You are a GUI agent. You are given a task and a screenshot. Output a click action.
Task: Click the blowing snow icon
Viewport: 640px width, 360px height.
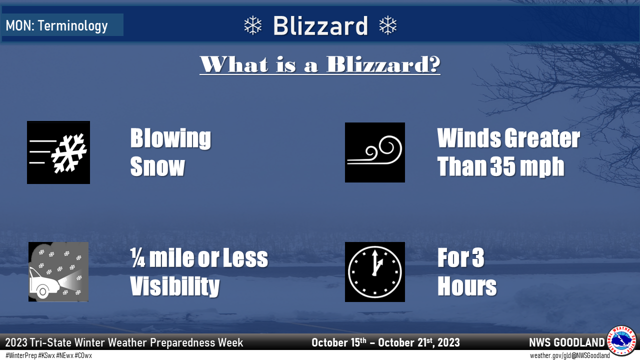(x=58, y=152)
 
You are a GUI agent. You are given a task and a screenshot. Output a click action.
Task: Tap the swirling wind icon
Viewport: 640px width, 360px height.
(x=375, y=152)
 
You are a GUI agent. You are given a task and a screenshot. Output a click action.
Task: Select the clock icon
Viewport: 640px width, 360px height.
(x=375, y=271)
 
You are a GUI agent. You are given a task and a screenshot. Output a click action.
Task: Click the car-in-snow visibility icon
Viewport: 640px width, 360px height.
(x=58, y=271)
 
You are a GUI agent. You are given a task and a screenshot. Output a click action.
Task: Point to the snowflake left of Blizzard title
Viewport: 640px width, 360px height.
(x=253, y=25)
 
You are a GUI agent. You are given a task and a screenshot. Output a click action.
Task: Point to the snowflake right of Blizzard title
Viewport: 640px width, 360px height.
(x=387, y=25)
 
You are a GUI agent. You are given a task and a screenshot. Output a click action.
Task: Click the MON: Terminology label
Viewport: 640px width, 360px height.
(x=56, y=25)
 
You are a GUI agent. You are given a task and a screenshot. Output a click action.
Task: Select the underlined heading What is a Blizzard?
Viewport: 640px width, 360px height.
(x=320, y=64)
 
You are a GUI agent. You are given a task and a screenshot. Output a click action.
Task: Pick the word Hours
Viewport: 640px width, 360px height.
(x=467, y=286)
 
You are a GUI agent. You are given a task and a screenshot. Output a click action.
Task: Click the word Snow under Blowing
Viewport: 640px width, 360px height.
(x=157, y=166)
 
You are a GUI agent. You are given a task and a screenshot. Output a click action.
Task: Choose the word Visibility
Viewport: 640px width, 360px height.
(x=175, y=286)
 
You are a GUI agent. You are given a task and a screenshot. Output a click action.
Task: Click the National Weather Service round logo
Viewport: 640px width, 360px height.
(x=621, y=340)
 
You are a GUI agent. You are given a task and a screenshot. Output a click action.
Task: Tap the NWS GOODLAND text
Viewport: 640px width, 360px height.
(x=567, y=342)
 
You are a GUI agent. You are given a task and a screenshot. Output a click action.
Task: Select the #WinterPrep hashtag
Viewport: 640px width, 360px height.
(x=21, y=355)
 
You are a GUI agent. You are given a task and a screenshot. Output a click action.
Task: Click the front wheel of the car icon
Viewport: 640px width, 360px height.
(x=42, y=291)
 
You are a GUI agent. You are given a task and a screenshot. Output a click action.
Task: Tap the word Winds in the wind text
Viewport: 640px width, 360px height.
(x=468, y=138)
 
